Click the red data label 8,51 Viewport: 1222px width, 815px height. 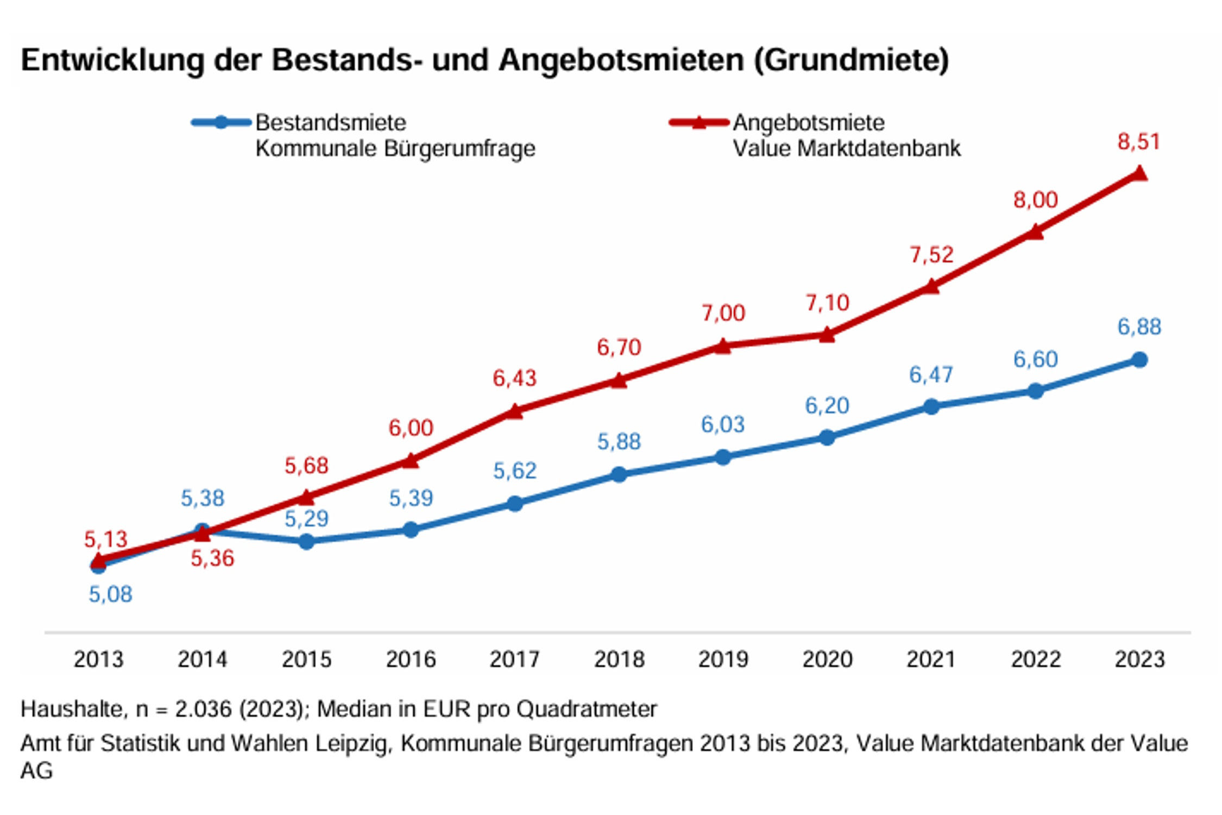[x=1138, y=142]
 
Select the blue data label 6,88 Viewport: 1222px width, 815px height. [x=1139, y=327]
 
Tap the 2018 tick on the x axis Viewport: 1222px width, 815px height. [x=619, y=660]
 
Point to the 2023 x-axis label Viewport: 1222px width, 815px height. [x=1139, y=660]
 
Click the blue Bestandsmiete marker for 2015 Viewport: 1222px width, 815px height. [x=306, y=541]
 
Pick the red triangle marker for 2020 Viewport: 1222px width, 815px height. [x=827, y=335]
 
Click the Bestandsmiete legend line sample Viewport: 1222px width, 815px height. [x=221, y=122]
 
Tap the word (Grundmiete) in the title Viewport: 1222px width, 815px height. [x=851, y=60]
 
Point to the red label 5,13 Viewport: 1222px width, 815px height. [x=105, y=539]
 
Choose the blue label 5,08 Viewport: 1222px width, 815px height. [x=110, y=594]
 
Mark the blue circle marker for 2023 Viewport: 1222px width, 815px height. [x=1139, y=360]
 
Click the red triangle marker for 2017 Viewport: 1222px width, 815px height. [x=515, y=412]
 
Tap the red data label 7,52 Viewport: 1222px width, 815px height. [x=931, y=255]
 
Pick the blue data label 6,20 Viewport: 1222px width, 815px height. [x=827, y=406]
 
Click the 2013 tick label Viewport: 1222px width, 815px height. [x=98, y=660]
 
